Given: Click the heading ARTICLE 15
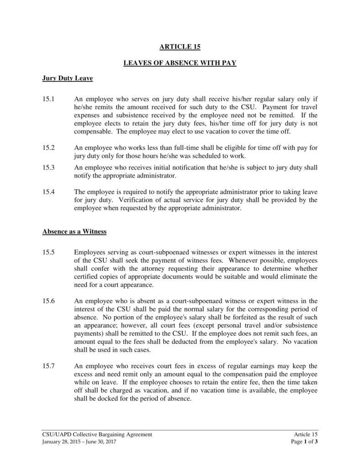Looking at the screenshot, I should pos(180,47).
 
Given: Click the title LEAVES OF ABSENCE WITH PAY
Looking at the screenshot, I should pos(180,63).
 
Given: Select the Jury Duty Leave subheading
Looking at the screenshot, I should pos(68,79).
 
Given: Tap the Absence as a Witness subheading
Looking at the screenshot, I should pos(74,232).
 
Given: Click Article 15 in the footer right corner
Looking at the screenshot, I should pos(306,434).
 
